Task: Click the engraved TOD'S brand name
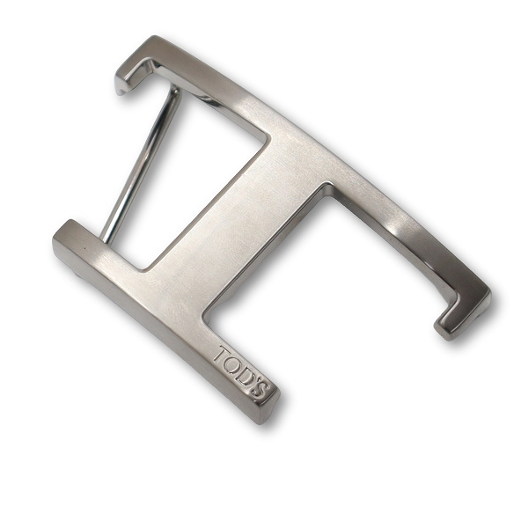coord(241,372)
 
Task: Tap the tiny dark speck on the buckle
coord(84,247)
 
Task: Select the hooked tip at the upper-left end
coord(123,83)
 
